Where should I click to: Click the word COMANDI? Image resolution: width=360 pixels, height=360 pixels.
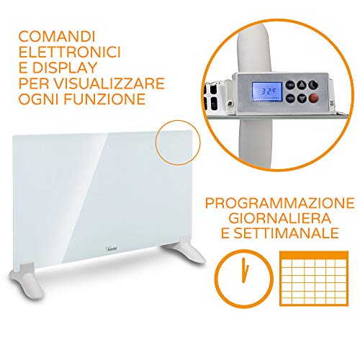[x=57, y=37]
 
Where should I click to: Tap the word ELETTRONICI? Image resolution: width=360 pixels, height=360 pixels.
[x=70, y=52]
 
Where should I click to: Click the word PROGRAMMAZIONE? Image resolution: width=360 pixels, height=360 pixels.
[x=280, y=203]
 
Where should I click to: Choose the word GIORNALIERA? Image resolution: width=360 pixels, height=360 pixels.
[x=280, y=218]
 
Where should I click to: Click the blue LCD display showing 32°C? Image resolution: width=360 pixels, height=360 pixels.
[x=266, y=92]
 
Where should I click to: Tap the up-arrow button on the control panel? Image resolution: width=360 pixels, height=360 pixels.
[x=302, y=84]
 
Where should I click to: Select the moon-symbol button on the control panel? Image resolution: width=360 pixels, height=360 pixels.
[x=313, y=84]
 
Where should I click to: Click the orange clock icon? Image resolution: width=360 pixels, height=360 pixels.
[x=244, y=278]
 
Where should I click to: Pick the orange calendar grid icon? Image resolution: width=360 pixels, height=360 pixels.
[x=314, y=279]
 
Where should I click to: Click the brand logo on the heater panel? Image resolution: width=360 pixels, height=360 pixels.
[x=112, y=248]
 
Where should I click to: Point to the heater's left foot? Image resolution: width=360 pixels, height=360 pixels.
[x=27, y=279]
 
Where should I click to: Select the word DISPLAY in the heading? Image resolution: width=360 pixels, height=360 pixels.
[x=64, y=68]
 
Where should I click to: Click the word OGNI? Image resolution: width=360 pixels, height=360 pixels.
[x=38, y=99]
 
